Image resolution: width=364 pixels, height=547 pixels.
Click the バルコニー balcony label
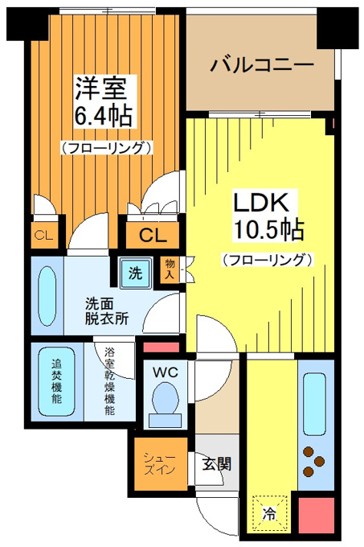tap(262, 65)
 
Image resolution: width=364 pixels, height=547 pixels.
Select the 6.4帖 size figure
tap(103, 115)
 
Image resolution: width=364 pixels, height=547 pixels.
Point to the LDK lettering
tap(261, 202)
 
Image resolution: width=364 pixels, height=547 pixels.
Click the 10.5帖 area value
tap(268, 229)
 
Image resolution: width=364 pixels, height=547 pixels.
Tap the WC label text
tap(166, 372)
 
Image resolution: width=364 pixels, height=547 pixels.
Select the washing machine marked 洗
tap(136, 273)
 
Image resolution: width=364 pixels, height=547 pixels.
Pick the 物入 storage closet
tap(170, 269)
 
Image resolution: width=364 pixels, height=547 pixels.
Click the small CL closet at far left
tap(44, 236)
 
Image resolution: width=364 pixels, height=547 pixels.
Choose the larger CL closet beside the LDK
tap(152, 235)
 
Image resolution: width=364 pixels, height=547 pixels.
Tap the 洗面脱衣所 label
tap(107, 311)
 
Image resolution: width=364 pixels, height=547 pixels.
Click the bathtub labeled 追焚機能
tap(56, 381)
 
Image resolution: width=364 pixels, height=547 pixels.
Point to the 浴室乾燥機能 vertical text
tap(110, 381)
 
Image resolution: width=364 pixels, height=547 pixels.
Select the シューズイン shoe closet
tap(161, 463)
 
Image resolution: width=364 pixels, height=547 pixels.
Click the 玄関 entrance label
tap(217, 464)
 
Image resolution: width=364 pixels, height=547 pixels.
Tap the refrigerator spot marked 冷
tap(269, 513)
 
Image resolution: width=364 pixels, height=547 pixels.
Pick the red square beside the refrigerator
tap(317, 516)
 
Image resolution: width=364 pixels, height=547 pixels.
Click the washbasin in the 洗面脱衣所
tap(47, 297)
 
